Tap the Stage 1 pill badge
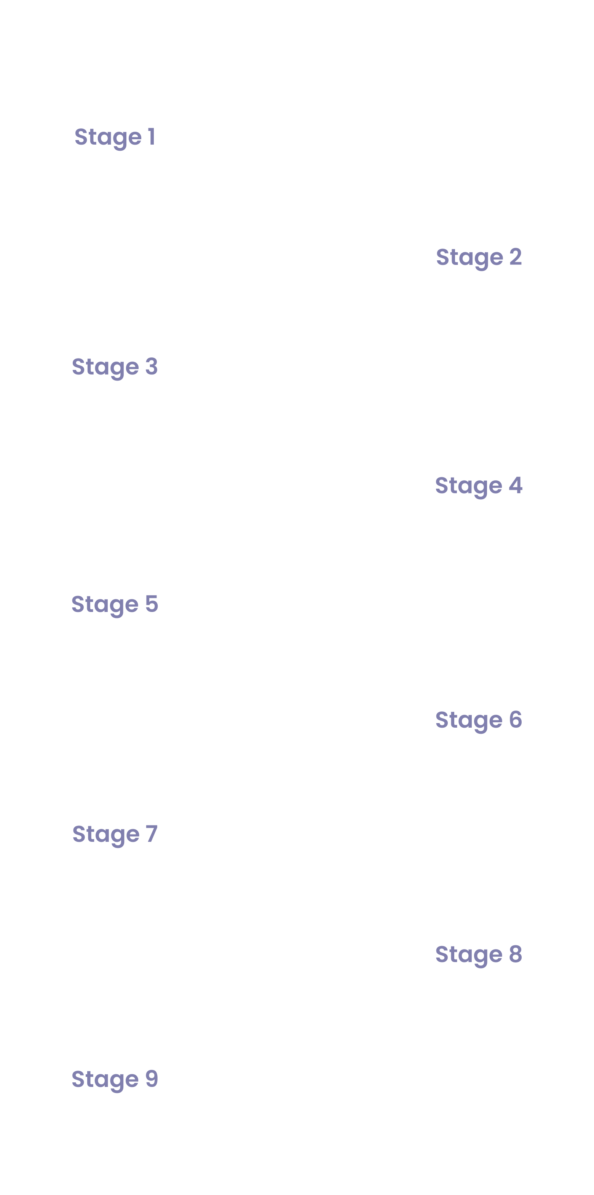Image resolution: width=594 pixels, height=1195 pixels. [x=115, y=138]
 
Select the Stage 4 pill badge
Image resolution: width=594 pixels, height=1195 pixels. [x=479, y=487]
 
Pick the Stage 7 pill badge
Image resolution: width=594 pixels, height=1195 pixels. [x=115, y=835]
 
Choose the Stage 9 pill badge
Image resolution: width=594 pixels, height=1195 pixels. [x=115, y=1080]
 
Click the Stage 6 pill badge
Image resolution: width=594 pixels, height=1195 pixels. [x=479, y=721]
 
